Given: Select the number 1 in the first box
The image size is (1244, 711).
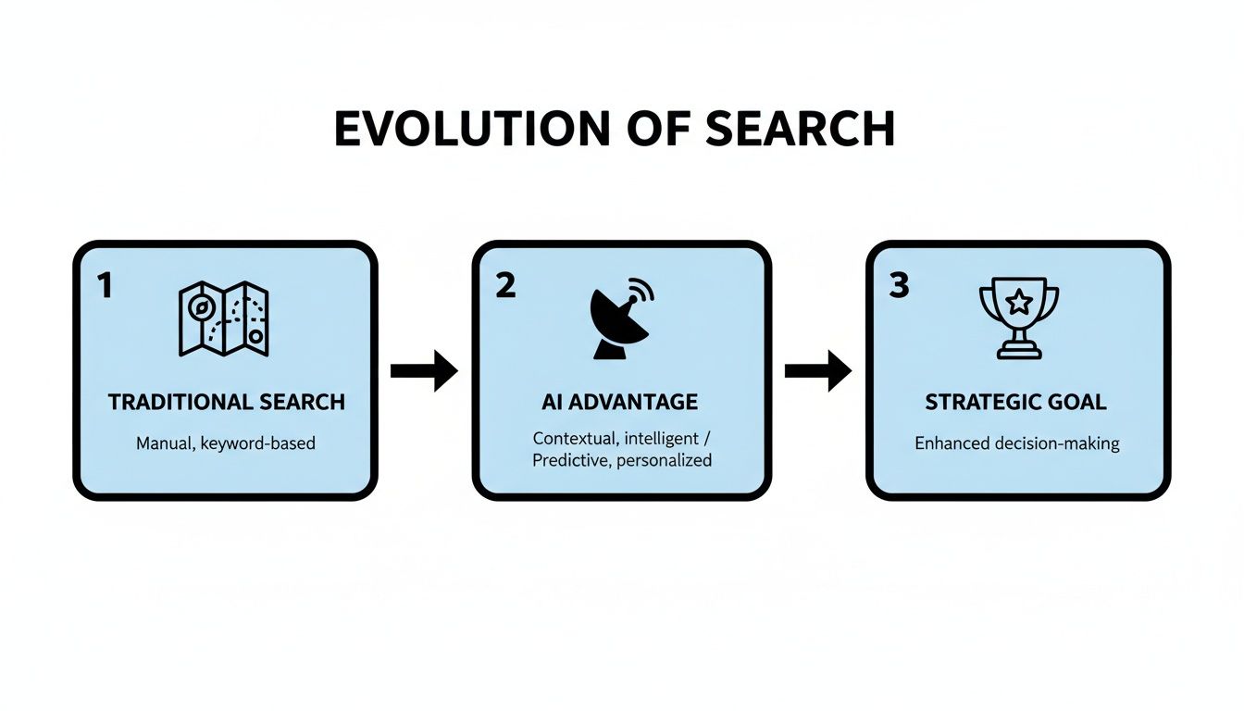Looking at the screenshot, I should (x=105, y=286).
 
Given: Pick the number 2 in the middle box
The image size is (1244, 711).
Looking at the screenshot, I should (x=504, y=286).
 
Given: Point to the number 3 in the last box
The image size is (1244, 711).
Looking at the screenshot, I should (x=899, y=286).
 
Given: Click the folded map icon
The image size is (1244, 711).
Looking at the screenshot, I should (x=225, y=319).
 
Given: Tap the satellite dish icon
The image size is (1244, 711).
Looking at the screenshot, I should (x=619, y=320).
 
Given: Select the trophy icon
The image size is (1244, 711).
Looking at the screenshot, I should (x=1018, y=319).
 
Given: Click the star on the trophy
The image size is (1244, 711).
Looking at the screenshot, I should (x=1018, y=302).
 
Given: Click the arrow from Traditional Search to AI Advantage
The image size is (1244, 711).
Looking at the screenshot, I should (x=424, y=371).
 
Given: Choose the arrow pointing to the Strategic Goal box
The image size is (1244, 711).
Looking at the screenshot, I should (x=818, y=371).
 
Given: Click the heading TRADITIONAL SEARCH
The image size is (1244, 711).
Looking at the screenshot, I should (x=226, y=403).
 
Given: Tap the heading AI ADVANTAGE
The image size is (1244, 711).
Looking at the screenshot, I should (x=620, y=403).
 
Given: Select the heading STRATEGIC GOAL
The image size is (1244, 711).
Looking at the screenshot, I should (x=1016, y=403).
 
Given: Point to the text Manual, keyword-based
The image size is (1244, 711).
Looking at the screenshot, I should (x=226, y=443).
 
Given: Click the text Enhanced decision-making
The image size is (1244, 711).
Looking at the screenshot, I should (x=1016, y=443).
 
